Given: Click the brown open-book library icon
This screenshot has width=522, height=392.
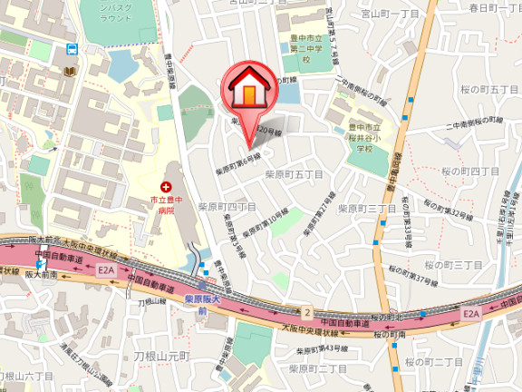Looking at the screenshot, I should click(x=70, y=71).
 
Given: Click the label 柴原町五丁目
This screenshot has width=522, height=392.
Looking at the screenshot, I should click(x=289, y=173).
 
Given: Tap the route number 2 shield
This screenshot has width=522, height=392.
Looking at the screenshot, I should click(x=307, y=313).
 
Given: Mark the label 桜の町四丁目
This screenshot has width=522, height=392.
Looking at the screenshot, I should click(x=469, y=171).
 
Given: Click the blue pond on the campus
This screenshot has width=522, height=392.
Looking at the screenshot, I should click(x=121, y=64).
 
